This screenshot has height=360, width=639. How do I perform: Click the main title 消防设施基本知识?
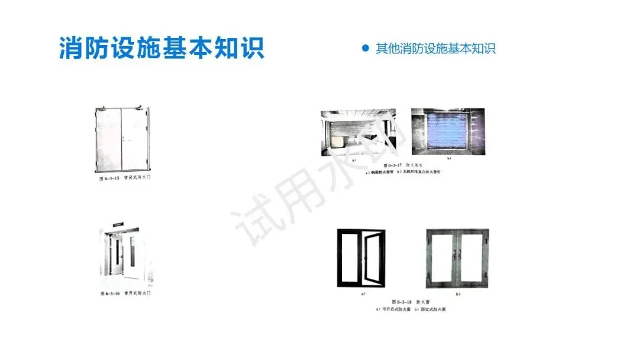click(x=161, y=47)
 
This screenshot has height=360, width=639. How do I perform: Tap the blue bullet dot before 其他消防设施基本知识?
click(x=366, y=48)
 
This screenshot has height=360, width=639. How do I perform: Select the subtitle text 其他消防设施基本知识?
click(x=435, y=49)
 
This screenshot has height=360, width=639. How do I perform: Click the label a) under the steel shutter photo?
click(x=354, y=160)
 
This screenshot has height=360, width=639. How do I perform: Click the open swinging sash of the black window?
click(x=373, y=259)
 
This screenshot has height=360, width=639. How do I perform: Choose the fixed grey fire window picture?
click(x=458, y=258)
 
